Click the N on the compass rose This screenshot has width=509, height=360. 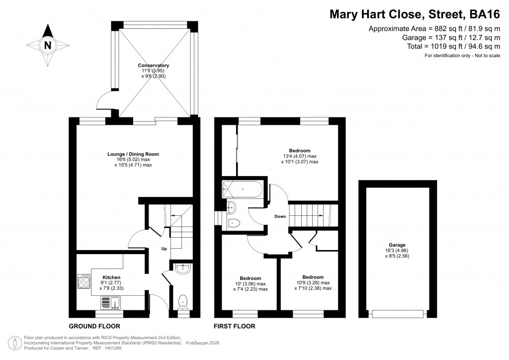(x=48, y=45)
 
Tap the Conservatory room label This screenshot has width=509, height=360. (x=154, y=66)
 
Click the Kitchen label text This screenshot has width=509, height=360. (x=111, y=277)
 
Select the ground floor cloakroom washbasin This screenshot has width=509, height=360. (x=182, y=269)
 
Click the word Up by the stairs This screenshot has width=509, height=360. (x=164, y=249)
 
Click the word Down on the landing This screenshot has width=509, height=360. (x=280, y=217)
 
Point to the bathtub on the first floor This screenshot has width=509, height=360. (x=244, y=189)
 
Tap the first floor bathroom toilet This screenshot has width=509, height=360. (x=232, y=223)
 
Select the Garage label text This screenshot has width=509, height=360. (x=397, y=245)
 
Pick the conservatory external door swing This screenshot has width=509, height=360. (x=103, y=101)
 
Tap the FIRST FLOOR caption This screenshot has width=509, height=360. (x=235, y=327)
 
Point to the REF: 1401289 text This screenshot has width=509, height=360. (x=106, y=349)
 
